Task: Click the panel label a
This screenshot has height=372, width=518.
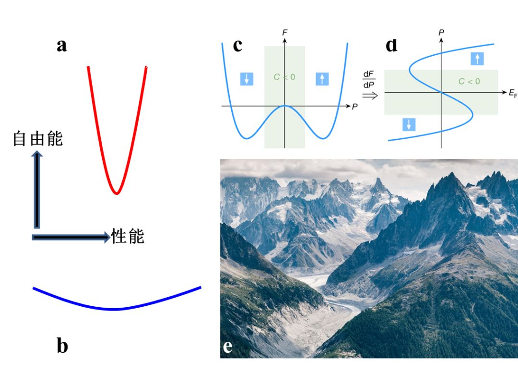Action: click(61, 46)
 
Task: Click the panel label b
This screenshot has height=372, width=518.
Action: click(62, 346)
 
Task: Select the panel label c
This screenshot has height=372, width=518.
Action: click(237, 45)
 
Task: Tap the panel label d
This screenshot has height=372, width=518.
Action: click(391, 45)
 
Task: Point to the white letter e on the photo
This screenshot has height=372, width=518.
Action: click(227, 346)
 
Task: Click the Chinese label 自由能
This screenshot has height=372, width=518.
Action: click(38, 139)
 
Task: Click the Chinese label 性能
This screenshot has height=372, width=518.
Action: click(128, 236)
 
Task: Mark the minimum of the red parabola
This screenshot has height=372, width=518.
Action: click(116, 193)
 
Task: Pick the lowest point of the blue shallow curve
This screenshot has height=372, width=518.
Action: click(114, 309)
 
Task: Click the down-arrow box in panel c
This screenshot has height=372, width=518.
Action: click(247, 79)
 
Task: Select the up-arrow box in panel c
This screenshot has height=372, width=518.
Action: click(322, 79)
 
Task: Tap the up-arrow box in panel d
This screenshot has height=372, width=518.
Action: click(477, 59)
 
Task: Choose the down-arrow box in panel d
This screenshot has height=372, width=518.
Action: click(409, 125)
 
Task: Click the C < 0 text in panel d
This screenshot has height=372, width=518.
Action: click(469, 82)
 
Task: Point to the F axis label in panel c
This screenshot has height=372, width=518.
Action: click(285, 33)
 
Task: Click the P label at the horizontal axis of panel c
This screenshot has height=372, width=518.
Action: click(354, 107)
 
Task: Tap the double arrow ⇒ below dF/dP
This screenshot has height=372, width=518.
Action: click(370, 95)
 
